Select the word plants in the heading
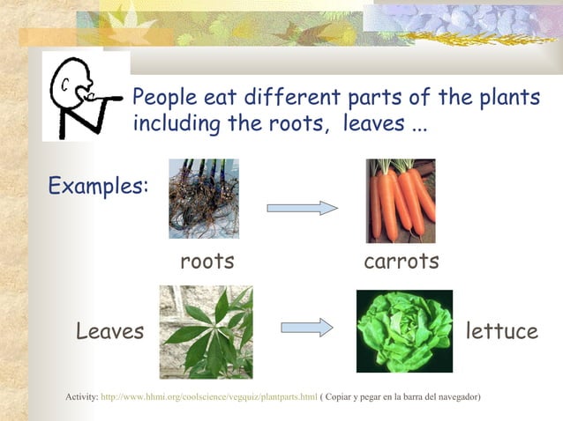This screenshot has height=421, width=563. click(x=506, y=97)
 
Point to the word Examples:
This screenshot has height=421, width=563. click(x=98, y=186)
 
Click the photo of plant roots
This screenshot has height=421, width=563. click(x=204, y=199)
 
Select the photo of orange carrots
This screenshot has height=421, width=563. click(x=402, y=201)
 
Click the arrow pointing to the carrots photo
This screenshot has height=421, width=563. click(x=303, y=208)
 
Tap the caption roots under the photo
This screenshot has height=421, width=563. click(x=207, y=262)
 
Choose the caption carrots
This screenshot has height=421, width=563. click(x=402, y=262)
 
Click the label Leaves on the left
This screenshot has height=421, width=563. click(x=110, y=332)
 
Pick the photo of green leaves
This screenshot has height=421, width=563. click(x=206, y=332)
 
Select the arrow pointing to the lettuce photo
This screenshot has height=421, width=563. click(x=306, y=328)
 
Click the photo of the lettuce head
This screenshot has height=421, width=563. click(x=404, y=331)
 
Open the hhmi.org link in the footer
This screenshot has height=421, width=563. click(x=209, y=397)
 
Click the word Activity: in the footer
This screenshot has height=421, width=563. click(x=82, y=397)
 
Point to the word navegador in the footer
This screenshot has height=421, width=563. click(x=456, y=397)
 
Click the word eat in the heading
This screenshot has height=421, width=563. click(x=213, y=97)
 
